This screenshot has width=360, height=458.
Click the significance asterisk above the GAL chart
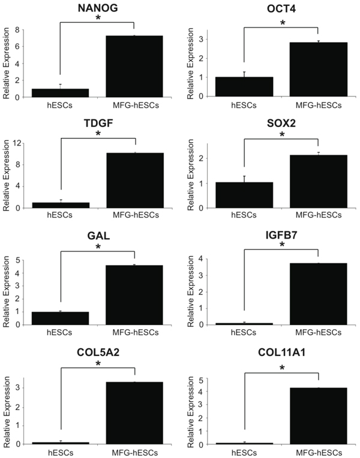click(x=97, y=247)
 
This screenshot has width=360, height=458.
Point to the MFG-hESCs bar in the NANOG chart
click(x=134, y=66)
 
